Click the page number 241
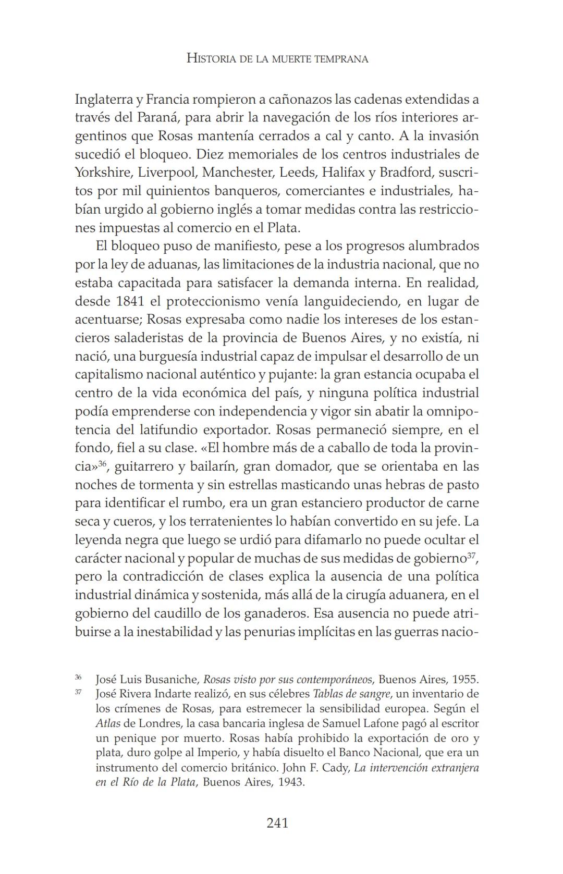[277, 823]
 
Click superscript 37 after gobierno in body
[471, 555]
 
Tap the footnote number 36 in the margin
[78, 677]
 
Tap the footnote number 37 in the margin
[78, 692]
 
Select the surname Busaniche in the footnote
[173, 680]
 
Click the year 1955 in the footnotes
[465, 680]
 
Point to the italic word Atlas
[108, 723]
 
